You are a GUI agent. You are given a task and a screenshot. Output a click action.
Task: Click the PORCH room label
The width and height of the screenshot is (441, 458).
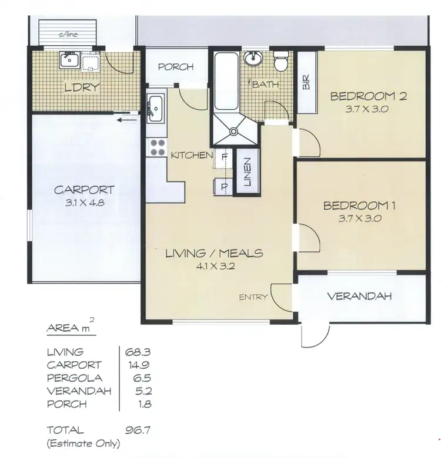click(x=176, y=67)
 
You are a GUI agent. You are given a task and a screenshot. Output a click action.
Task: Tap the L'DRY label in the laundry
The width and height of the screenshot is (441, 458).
click(x=82, y=89)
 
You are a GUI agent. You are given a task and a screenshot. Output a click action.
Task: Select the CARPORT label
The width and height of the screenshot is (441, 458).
click(x=84, y=190)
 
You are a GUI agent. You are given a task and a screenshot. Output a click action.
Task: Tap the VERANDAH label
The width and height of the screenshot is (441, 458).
click(x=359, y=297)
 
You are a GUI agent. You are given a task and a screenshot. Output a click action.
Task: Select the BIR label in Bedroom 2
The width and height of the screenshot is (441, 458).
click(x=306, y=82)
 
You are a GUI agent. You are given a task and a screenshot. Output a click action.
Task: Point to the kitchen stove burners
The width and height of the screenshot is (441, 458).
click(x=157, y=147)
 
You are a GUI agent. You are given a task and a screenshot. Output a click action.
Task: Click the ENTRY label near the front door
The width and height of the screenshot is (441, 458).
click(x=253, y=297)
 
